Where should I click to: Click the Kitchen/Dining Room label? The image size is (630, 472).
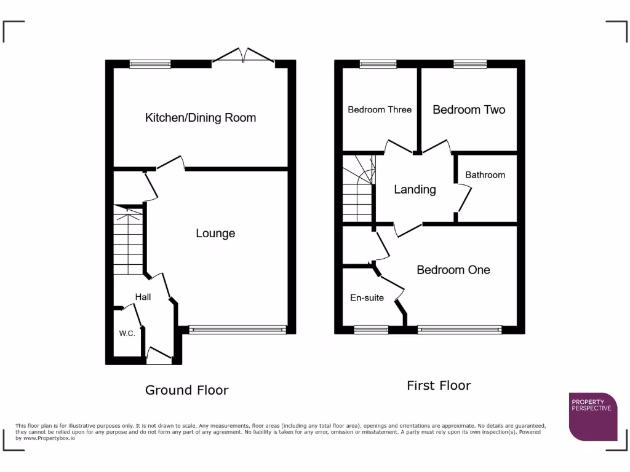point(201,117)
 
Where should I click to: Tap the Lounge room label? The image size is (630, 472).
point(215,233)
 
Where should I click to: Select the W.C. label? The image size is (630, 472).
point(127,334)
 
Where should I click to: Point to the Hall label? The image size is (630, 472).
point(143,297)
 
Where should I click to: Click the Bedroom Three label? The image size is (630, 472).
point(380,109)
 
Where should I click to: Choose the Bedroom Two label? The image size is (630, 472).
point(469,109)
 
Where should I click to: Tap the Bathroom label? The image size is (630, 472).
point(485,175)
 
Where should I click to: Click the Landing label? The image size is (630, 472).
point(415,189)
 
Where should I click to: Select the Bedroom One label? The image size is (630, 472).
point(453,270)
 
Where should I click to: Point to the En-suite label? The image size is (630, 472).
point(367,298)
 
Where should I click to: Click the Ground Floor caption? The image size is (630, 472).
point(186,390)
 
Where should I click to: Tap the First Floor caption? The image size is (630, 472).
point(439,385)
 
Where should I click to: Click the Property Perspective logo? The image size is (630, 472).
point(592,416)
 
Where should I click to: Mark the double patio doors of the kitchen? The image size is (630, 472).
point(244,56)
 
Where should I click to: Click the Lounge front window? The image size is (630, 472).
point(237,329)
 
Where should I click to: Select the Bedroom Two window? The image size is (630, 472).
point(470,63)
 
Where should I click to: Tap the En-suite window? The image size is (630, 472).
point(371,329)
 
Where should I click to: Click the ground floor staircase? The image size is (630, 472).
point(128,240)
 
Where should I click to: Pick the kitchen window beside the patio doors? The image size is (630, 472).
point(150,63)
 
